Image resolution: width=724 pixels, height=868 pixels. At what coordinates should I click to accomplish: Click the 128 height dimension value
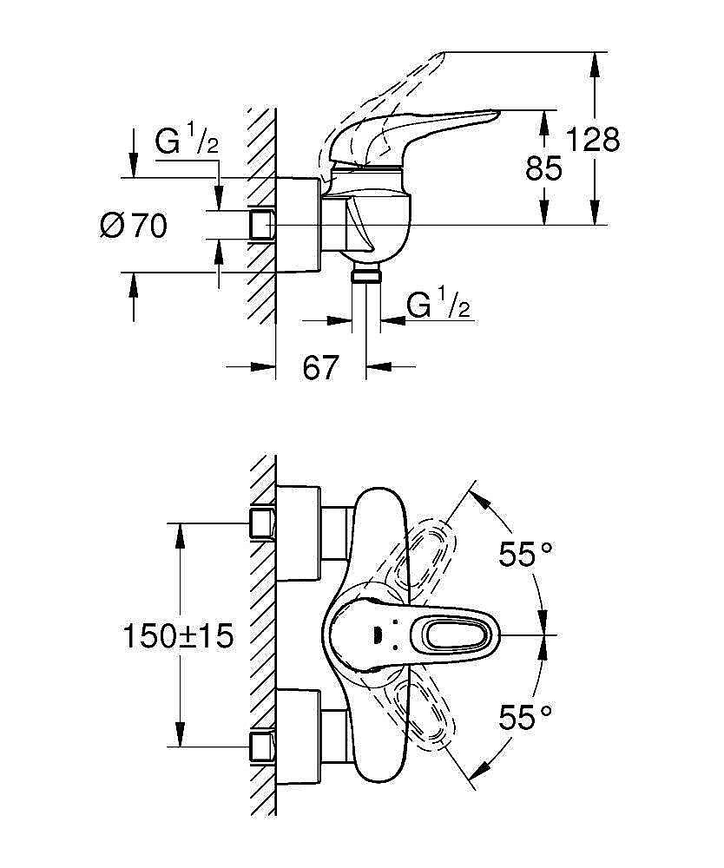(593, 139)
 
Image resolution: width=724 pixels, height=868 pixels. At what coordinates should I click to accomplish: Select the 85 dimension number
(544, 168)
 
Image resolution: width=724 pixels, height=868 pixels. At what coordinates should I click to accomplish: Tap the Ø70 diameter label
(133, 227)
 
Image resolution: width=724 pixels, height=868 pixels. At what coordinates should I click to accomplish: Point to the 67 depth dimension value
(319, 367)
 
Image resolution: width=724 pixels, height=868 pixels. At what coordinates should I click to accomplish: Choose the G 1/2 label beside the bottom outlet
(438, 306)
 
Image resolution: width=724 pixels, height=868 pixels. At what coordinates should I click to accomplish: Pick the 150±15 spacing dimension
(179, 637)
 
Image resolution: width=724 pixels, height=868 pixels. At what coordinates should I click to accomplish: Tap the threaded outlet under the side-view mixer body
(365, 276)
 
